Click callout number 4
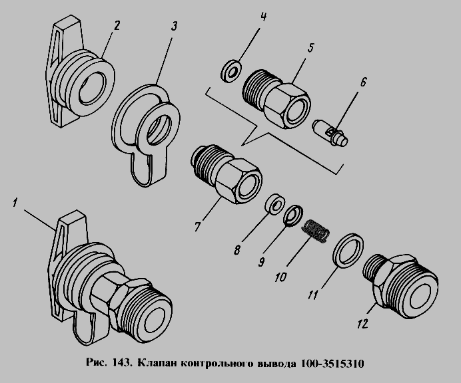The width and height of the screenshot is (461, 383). point(263,16)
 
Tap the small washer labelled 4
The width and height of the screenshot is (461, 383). point(230,71)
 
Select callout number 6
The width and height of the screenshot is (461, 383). point(363,82)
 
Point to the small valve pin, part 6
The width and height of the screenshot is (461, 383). point(330,132)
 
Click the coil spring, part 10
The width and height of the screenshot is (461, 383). point(316,231)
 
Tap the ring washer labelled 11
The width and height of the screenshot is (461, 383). point(348,250)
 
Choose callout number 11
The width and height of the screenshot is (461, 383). point(313,295)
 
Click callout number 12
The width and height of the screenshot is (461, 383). point(363,324)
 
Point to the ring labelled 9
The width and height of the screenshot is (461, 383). point(293,215)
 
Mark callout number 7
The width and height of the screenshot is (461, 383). point(197,226)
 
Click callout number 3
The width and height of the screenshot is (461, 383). point(174,26)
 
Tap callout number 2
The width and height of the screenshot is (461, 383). point(117,25)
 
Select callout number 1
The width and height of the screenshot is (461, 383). point(15,203)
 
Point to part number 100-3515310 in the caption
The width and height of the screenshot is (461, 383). point(332,363)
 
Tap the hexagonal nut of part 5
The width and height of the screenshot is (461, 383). point(287,106)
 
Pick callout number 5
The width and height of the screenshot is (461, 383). point(311,48)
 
